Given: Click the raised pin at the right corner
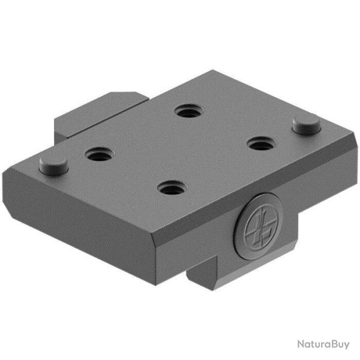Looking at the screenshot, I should click(305, 125).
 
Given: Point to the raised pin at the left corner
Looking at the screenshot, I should click(53, 163).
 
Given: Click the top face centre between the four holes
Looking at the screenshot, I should click(180, 150).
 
